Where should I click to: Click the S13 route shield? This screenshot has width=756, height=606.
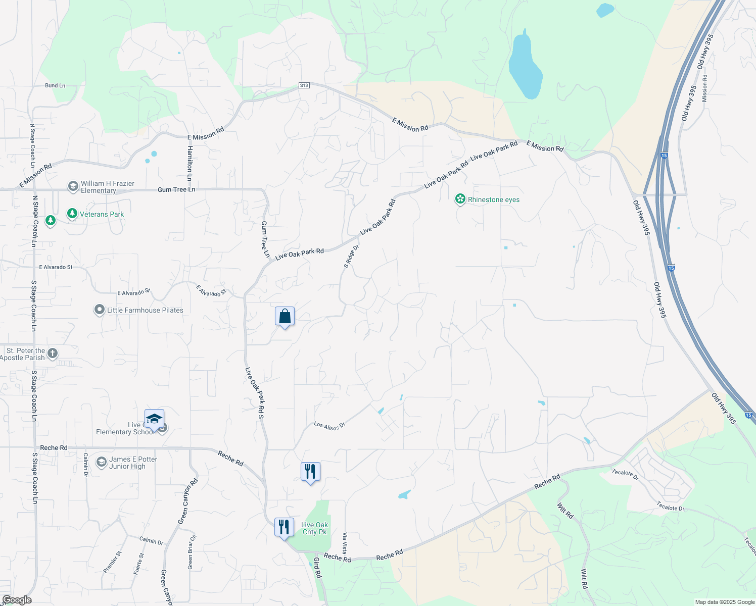click(x=304, y=85)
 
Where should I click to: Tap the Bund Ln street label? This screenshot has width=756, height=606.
click(x=55, y=86)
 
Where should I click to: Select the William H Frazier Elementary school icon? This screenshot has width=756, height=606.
click(x=73, y=187)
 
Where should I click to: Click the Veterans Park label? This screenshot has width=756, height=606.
click(x=102, y=214)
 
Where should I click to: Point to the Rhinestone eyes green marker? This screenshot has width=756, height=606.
click(x=460, y=199)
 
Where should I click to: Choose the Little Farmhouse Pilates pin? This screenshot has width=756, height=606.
click(x=100, y=310)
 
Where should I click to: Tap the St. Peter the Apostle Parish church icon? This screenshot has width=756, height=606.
click(x=53, y=353)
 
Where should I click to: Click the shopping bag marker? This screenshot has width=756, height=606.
click(x=285, y=317)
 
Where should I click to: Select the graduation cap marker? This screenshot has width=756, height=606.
click(x=154, y=419)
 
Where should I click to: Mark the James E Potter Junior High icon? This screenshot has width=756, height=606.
click(x=102, y=462)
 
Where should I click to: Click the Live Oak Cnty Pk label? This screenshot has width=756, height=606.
click(x=314, y=528)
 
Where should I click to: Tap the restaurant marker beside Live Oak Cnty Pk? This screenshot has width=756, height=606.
click(x=284, y=527)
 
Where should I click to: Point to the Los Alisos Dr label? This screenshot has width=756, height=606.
click(x=329, y=426)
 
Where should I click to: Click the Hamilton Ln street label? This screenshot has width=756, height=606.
click(x=190, y=163)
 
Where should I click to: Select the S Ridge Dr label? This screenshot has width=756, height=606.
click(x=351, y=256)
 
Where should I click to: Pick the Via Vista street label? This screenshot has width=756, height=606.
click(x=345, y=543)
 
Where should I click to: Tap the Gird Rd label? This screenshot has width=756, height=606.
click(x=317, y=568)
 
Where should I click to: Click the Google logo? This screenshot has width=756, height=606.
click(x=17, y=600)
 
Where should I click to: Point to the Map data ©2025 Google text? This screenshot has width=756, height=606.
click(x=724, y=602)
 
